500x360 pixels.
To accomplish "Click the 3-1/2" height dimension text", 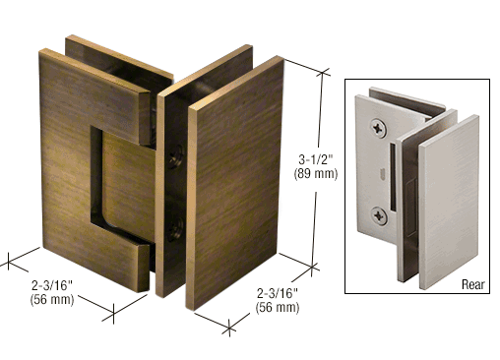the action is [316, 160].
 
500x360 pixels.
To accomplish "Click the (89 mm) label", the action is [316, 173].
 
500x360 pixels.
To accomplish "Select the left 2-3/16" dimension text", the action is [52, 285].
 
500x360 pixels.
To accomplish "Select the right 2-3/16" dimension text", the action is [278, 293].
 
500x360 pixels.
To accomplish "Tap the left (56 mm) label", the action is [52, 299].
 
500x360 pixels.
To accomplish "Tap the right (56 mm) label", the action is [278, 307].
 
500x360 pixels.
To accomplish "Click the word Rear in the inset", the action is [472, 284].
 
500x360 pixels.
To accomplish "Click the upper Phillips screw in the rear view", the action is [379, 128].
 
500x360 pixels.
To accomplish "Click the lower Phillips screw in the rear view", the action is [379, 215].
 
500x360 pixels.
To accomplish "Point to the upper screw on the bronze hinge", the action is [176, 156].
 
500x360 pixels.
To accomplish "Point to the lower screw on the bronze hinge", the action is [175, 229].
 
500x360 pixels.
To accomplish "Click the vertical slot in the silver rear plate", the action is [392, 176].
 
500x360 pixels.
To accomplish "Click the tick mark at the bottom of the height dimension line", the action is [312, 268].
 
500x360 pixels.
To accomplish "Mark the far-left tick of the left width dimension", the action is [8, 263].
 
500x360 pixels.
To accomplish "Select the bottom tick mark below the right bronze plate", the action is [229, 328].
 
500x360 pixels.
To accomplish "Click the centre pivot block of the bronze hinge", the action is [129, 184].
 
